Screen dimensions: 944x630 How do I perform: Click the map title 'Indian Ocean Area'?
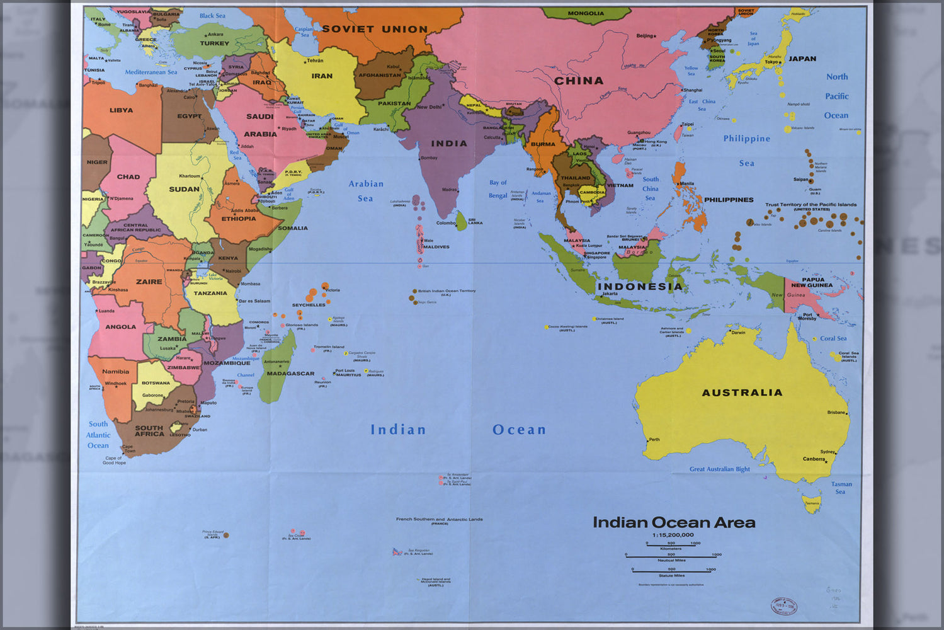674,522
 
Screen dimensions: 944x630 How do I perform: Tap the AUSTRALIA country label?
742,392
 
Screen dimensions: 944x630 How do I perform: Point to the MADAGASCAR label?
290,374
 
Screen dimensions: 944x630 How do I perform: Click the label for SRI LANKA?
475,222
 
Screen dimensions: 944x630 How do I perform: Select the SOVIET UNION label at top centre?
375,29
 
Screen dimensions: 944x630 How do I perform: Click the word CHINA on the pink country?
579,81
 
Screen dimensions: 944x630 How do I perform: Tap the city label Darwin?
737,332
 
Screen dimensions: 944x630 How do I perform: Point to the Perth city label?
654,439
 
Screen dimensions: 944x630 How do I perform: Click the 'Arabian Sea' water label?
366,191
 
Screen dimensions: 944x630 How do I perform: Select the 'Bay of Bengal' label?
498,189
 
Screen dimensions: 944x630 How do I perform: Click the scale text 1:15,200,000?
673,535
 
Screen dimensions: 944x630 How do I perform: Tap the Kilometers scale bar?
671,545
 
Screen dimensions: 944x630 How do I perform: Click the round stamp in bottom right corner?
784,606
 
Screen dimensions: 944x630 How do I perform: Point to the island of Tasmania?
812,503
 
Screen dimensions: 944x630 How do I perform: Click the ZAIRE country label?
149,282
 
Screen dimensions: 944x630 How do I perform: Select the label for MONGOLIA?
586,13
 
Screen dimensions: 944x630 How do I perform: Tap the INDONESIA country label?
639,287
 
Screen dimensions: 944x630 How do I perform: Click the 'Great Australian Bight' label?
719,469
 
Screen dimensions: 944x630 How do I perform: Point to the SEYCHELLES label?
309,305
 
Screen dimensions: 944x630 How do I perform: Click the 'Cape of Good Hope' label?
114,461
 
